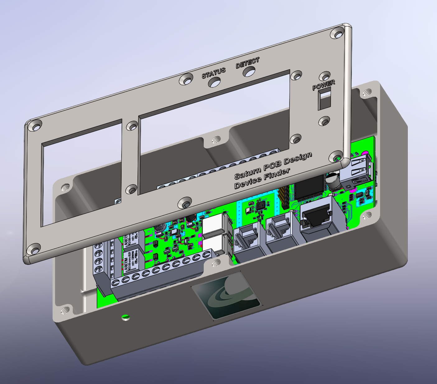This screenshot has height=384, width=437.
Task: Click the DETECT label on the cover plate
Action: click(x=248, y=63)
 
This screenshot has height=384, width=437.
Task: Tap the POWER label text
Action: click(x=324, y=85)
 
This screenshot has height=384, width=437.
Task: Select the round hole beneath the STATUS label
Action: click(x=214, y=82)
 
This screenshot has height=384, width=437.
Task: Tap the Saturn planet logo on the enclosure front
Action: click(x=226, y=295)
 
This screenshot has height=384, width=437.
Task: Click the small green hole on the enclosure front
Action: click(x=125, y=317)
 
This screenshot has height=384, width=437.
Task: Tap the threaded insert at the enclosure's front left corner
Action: click(x=65, y=310)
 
